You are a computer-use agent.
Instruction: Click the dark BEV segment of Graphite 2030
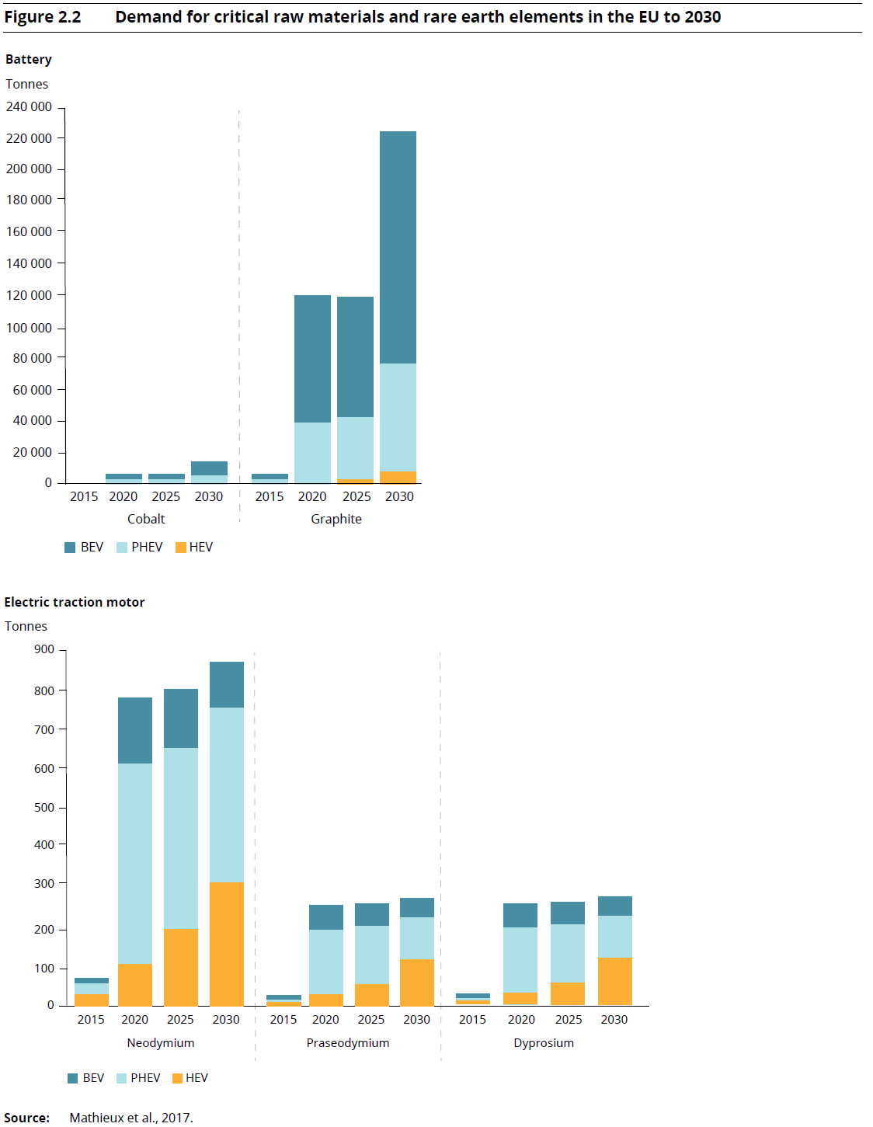(398, 247)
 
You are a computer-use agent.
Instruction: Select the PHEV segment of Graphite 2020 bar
(312, 452)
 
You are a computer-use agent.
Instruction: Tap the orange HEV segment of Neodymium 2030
(227, 944)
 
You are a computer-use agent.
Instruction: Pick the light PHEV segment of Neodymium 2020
(135, 863)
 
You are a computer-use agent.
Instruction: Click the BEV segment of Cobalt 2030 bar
(209, 468)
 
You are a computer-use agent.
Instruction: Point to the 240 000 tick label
(30, 107)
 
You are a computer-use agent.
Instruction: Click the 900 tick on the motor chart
(44, 649)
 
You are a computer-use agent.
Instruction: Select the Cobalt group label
(146, 519)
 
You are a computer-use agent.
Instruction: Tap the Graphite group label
(336, 519)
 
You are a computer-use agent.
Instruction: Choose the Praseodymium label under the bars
(348, 1042)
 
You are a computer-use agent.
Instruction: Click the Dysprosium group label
(544, 1042)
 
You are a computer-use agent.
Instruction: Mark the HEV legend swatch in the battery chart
(181, 548)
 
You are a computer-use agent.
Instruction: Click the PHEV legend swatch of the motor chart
(122, 1078)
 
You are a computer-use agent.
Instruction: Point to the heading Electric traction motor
(75, 602)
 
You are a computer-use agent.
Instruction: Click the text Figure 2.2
(43, 17)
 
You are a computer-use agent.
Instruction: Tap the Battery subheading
(29, 59)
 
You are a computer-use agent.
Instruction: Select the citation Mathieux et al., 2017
(131, 1118)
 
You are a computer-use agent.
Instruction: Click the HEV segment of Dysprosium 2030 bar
(614, 981)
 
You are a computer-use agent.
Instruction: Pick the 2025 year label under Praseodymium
(371, 1019)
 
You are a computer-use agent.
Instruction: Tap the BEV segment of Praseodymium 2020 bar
(326, 917)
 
